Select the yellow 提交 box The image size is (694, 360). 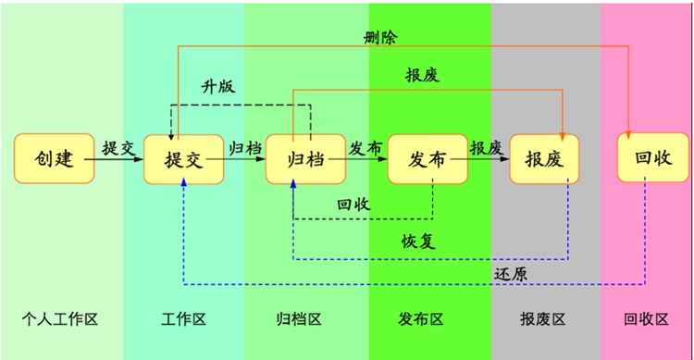184,159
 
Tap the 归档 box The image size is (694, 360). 299,158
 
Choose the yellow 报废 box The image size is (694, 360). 544,159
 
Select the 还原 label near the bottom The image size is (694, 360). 511,273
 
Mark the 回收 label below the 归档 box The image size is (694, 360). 353,205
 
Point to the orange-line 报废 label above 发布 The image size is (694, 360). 422,76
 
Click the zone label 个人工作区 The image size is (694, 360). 59,319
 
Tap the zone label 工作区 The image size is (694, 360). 183,319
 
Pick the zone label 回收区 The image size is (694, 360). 647,319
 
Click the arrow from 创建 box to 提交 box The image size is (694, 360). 119,160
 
